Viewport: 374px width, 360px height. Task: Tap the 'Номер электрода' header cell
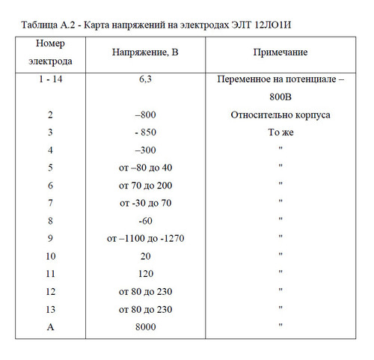(x=50, y=52)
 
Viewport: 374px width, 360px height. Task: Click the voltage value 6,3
(x=146, y=79)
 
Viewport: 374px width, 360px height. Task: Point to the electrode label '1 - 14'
(x=50, y=79)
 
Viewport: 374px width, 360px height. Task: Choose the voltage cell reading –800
(x=146, y=115)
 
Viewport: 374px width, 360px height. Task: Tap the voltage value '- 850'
(x=146, y=132)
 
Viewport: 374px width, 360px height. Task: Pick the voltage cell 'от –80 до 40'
(x=146, y=168)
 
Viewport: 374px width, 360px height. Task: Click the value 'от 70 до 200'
(x=146, y=185)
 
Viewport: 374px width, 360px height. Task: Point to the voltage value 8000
(x=146, y=326)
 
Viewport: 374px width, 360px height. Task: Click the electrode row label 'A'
(x=50, y=326)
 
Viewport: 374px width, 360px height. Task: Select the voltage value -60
(x=146, y=221)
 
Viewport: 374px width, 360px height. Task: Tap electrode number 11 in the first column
(x=50, y=274)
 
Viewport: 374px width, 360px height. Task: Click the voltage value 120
(x=146, y=274)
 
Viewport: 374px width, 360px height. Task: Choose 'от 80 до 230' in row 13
(x=146, y=309)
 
